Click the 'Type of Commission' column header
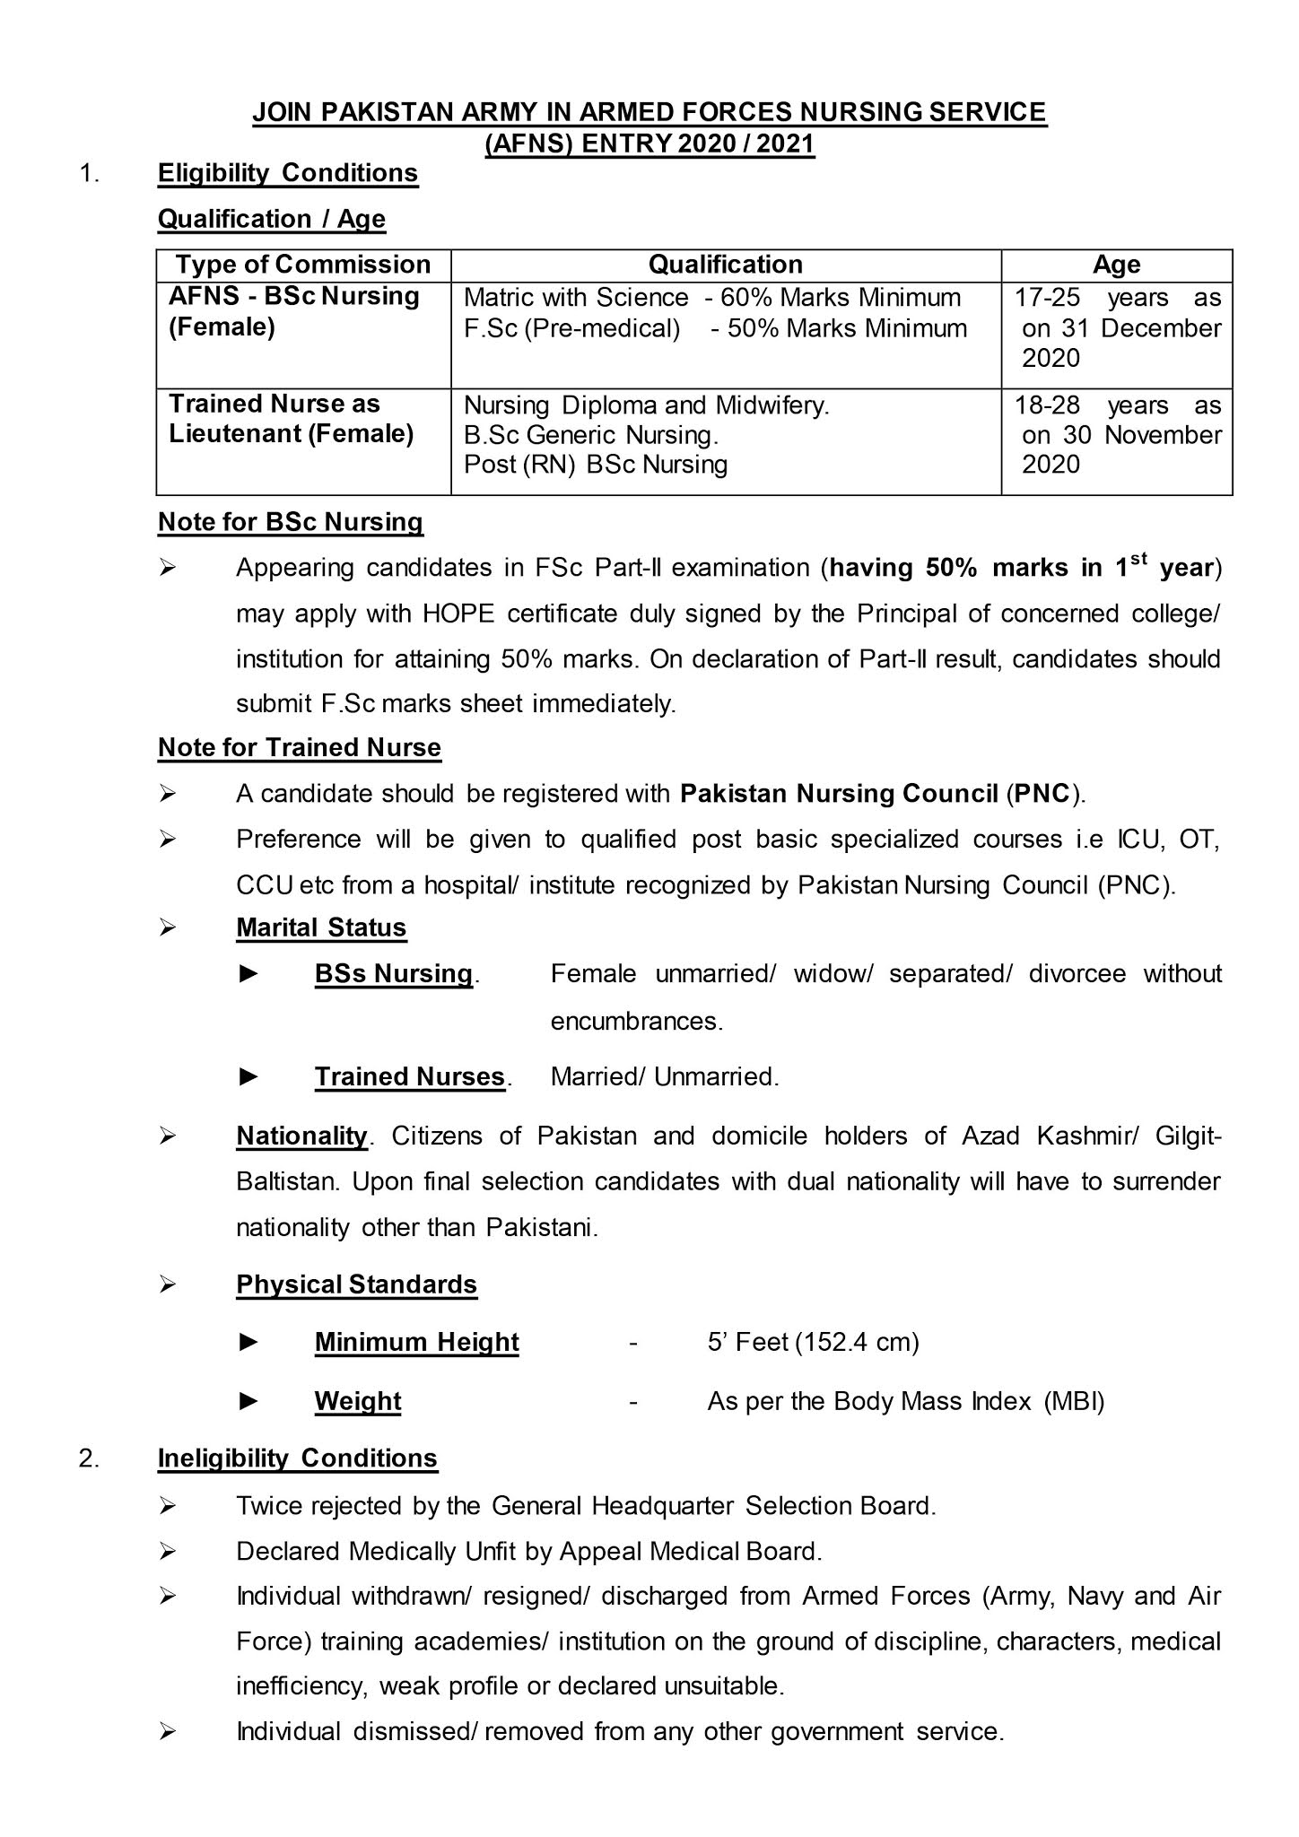[x=303, y=265]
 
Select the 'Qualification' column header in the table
[x=725, y=265]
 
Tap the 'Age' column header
[x=1116, y=265]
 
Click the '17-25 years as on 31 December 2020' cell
[x=1117, y=328]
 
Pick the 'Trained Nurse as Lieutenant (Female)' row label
[x=292, y=419]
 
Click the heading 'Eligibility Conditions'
[x=288, y=173]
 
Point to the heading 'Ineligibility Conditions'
[x=297, y=1458]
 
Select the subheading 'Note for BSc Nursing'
[x=290, y=522]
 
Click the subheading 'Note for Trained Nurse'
[x=299, y=747]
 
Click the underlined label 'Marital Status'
[x=321, y=927]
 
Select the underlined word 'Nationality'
[x=301, y=1136]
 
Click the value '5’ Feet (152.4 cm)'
[x=813, y=1342]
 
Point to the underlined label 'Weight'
[x=357, y=1401]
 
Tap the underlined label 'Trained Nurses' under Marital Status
[x=409, y=1076]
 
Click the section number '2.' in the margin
[x=89, y=1458]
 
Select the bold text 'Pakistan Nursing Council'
[x=839, y=794]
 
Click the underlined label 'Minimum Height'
[x=416, y=1342]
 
